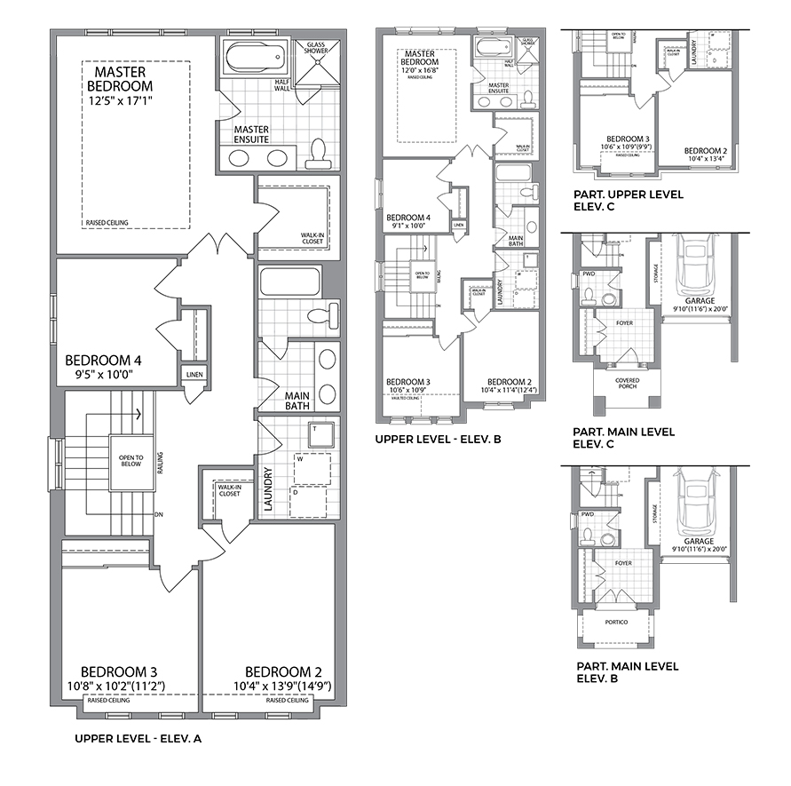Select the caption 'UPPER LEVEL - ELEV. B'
tap(439, 439)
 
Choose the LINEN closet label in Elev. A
tap(194, 375)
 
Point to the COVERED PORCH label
tap(626, 383)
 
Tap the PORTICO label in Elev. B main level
tap(617, 622)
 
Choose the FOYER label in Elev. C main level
tap(624, 322)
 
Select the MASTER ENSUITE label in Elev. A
tap(252, 135)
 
